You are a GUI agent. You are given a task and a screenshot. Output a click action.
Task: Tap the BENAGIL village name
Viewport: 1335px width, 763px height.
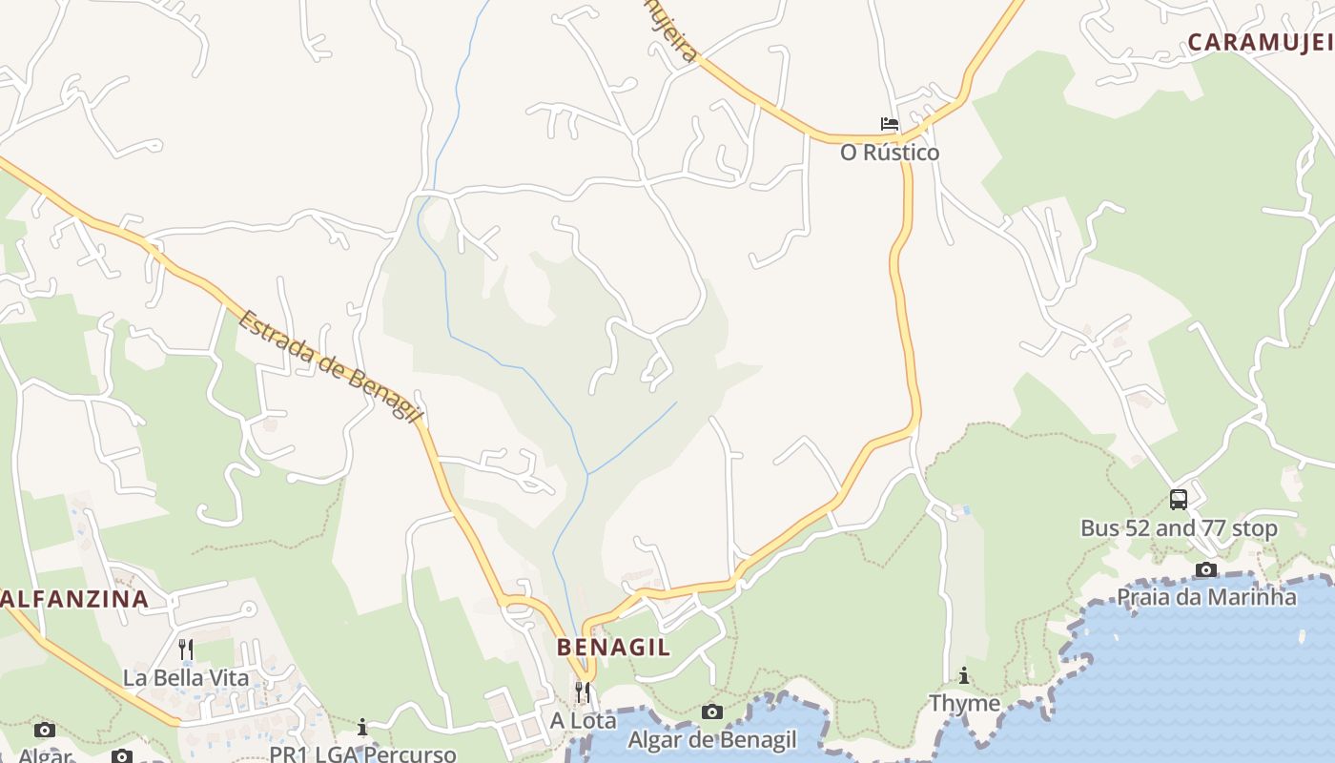[x=613, y=647]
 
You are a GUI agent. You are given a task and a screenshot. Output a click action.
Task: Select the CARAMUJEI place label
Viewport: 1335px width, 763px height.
[x=1259, y=42]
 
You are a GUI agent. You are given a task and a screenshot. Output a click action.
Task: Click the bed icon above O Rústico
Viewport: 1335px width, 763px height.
[x=890, y=124]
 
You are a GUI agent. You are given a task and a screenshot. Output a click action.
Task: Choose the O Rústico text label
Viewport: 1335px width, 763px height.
[x=890, y=153]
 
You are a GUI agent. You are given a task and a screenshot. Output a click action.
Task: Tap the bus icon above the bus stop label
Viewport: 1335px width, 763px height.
[x=1179, y=499]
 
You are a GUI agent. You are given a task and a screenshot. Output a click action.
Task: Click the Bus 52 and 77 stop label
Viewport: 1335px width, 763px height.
[x=1179, y=528]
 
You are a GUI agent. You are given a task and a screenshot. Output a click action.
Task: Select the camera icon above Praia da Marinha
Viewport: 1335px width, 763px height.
[x=1206, y=569]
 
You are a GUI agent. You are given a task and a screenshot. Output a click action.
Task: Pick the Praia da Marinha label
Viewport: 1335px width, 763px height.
[x=1206, y=598]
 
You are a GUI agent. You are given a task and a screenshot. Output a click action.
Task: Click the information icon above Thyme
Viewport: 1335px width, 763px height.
[x=964, y=675]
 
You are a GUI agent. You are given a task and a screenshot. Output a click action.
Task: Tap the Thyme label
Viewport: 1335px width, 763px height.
[x=964, y=704]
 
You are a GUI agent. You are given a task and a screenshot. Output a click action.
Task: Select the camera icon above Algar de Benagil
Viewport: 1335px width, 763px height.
[x=711, y=711]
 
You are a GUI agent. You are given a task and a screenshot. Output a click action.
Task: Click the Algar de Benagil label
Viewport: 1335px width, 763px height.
[x=711, y=740]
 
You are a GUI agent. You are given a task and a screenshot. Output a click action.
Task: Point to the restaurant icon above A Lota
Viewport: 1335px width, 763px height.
[x=583, y=691]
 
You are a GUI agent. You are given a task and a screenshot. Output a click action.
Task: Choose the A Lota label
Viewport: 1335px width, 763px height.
[x=583, y=721]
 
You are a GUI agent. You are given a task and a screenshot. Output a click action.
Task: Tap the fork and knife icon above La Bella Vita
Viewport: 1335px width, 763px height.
[x=186, y=650]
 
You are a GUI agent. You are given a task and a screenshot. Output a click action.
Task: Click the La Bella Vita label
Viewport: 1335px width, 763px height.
[x=186, y=679]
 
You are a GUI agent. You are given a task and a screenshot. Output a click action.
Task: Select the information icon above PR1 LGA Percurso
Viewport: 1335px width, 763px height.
[x=362, y=728]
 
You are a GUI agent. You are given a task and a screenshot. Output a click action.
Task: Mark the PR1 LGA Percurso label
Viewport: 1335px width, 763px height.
[x=362, y=753]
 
